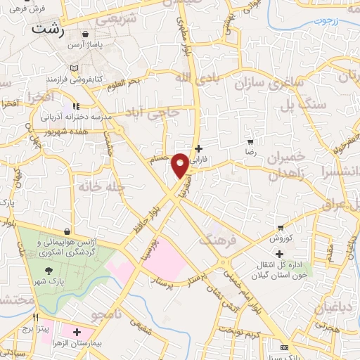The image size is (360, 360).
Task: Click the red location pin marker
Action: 181,165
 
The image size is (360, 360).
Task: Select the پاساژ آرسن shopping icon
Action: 86,33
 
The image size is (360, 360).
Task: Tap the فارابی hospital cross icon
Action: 200,148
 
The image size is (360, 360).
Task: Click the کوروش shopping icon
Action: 281,227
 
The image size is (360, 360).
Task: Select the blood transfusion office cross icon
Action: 280,254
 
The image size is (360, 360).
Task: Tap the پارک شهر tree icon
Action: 49,270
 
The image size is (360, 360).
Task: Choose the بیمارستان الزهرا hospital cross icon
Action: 76,331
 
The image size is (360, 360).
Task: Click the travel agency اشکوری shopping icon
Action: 67,231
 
